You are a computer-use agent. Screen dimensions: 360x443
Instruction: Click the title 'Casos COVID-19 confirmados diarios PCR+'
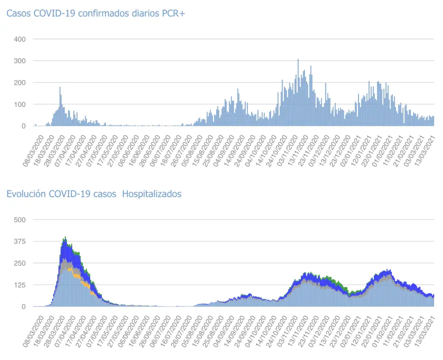point(95,13)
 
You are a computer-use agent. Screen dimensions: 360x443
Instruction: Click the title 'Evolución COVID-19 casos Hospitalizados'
point(93,194)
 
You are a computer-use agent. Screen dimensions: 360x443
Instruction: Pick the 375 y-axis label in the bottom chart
point(20,241)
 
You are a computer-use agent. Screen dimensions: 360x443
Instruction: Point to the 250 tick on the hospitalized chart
point(20,263)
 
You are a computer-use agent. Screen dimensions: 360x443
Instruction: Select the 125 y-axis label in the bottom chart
point(20,285)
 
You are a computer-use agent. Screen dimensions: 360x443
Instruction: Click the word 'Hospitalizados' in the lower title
point(151,194)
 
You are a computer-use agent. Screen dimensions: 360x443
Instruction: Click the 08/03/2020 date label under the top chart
point(32,143)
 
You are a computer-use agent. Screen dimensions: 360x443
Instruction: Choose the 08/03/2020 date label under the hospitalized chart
point(32,323)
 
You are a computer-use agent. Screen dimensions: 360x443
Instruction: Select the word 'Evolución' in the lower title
point(26,194)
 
